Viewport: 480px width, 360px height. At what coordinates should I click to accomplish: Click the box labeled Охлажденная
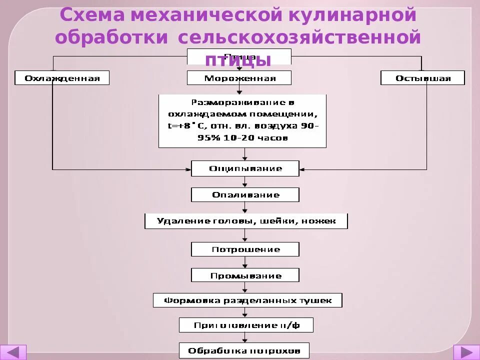pyautogui.click(x=62, y=78)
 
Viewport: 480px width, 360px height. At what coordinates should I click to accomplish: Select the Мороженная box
pyautogui.click(x=239, y=78)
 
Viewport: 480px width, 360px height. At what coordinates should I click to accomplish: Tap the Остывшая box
pyautogui.click(x=422, y=78)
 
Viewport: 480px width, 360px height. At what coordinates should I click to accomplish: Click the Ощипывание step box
pyautogui.click(x=245, y=168)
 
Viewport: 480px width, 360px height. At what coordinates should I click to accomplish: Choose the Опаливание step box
pyautogui.click(x=245, y=194)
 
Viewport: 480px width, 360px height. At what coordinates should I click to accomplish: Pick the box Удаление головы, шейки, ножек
pyautogui.click(x=246, y=221)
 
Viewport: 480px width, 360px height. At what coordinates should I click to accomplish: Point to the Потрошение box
pyautogui.click(x=245, y=249)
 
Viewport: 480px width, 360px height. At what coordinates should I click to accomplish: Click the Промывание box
pyautogui.click(x=245, y=275)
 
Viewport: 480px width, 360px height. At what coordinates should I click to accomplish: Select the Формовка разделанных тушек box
pyautogui.click(x=248, y=300)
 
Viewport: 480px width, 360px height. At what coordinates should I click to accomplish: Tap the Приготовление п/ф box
pyautogui.click(x=246, y=325)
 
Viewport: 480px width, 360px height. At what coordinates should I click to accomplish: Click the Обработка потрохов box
pyautogui.click(x=244, y=351)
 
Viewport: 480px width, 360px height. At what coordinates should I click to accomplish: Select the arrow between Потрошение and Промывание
pyautogui.click(x=245, y=262)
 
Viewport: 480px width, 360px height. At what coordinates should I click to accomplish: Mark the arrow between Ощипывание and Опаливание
pyautogui.click(x=245, y=182)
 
